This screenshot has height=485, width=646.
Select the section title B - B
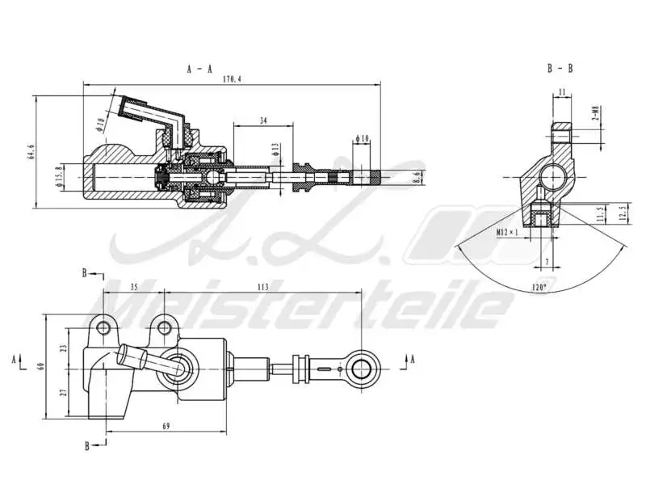[x=560, y=70]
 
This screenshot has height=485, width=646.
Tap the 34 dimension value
[x=264, y=120]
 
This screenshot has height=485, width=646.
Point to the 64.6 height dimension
[x=31, y=153]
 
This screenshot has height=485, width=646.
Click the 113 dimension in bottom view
[x=262, y=285]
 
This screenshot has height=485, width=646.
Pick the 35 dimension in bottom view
[x=134, y=285]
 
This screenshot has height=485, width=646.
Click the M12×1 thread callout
[x=507, y=232]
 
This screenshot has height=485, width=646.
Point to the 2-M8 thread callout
[x=595, y=114]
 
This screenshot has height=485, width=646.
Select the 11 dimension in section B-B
[x=562, y=93]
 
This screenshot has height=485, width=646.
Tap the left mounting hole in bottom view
[x=103, y=326]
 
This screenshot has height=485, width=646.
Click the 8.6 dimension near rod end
[x=417, y=176]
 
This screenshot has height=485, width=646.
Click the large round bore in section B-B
[x=555, y=175]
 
